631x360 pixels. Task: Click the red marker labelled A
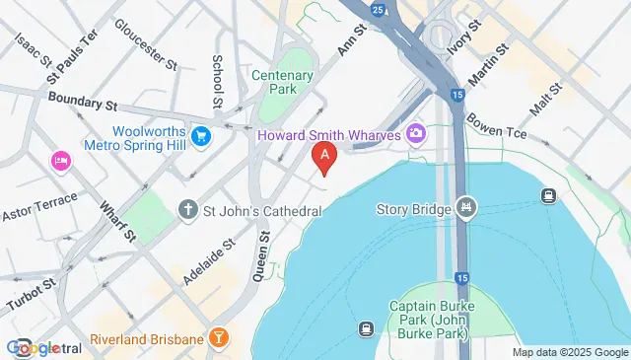(323, 156)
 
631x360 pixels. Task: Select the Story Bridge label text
(413, 209)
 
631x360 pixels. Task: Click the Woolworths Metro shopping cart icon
(201, 135)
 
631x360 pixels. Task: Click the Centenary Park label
(283, 82)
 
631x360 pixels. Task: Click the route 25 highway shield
(380, 9)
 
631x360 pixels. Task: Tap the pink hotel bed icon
(61, 160)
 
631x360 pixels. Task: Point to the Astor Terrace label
(31, 212)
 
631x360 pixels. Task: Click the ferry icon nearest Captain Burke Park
(366, 328)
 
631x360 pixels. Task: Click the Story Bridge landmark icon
(467, 208)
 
